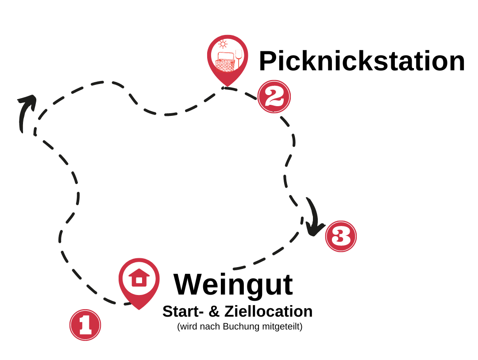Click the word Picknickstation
tap(362, 61)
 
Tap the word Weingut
tap(233, 284)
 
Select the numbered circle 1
tap(85, 325)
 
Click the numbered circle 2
tap(274, 96)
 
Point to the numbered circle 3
tap(340, 236)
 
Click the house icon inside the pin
tap(139, 278)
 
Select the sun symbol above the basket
tap(223, 44)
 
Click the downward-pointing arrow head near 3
tap(315, 230)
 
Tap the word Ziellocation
tap(268, 311)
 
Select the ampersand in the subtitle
tap(214, 311)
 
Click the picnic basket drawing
tap(225, 63)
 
